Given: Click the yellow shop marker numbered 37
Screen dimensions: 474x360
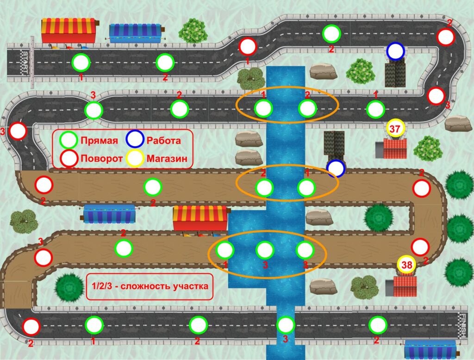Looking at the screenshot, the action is click(x=395, y=129).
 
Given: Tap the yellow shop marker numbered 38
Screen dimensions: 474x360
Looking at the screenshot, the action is click(x=406, y=265).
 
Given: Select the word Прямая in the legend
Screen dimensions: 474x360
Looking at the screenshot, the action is click(x=99, y=141).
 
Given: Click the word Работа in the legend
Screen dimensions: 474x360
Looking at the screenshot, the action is click(x=163, y=141).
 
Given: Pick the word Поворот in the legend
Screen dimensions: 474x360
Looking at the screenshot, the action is click(x=101, y=158).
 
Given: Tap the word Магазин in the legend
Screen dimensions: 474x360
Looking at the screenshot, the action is click(x=167, y=158).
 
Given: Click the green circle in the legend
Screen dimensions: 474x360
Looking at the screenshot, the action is click(x=69, y=140).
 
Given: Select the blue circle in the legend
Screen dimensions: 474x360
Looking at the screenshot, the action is click(x=135, y=139).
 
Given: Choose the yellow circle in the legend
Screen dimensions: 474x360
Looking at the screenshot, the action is click(x=135, y=158).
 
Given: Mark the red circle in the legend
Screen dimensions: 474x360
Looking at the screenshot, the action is click(x=69, y=158).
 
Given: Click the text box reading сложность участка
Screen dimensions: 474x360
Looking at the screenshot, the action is click(x=150, y=286).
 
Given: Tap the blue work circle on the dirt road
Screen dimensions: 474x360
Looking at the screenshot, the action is click(x=336, y=168).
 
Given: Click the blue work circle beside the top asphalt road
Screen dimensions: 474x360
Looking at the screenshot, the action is click(x=395, y=51).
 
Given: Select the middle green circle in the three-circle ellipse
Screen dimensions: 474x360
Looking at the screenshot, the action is click(x=265, y=250).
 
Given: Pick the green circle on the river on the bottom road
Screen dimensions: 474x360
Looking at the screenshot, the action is click(x=285, y=325).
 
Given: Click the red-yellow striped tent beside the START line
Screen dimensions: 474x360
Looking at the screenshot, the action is click(x=69, y=31).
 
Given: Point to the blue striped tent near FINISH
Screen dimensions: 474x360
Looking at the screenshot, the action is click(x=431, y=350).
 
